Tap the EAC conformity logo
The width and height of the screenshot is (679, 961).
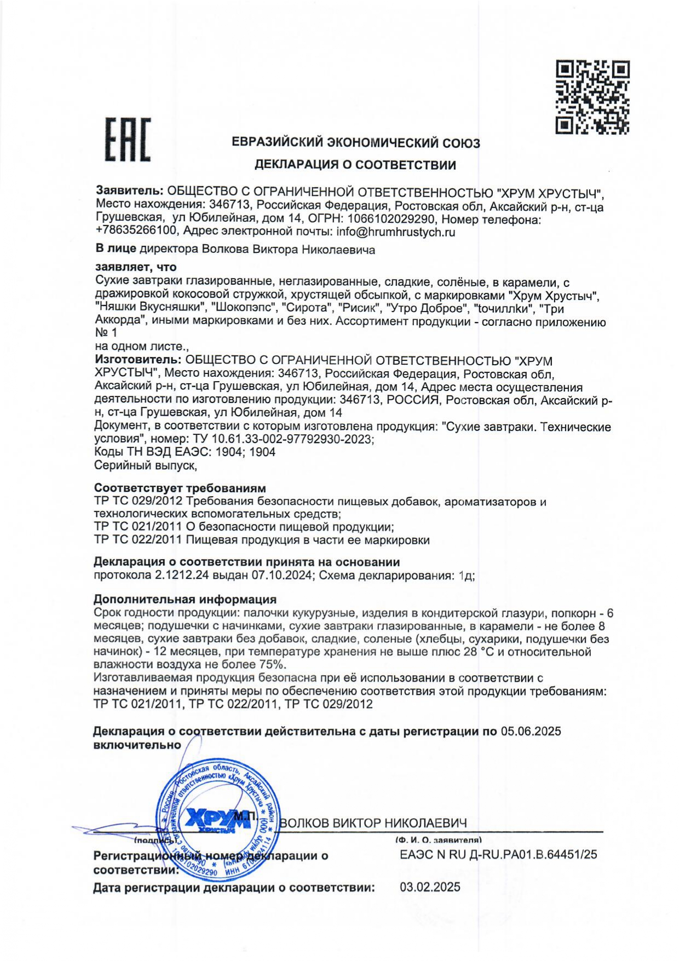(128, 140)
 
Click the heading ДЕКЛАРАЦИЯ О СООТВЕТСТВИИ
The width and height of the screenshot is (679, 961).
(355, 165)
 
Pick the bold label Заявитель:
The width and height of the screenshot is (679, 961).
(129, 191)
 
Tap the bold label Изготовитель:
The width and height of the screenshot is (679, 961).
(137, 360)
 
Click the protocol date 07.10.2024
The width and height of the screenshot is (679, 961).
(281, 576)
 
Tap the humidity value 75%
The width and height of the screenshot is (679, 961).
(272, 665)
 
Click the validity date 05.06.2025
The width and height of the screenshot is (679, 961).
(531, 732)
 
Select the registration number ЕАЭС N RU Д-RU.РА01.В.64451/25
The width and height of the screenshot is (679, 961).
(498, 854)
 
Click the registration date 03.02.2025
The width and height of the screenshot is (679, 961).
(430, 887)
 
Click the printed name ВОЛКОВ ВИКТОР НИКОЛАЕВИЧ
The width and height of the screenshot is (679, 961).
(373, 823)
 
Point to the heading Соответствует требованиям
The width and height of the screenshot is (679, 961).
(180, 488)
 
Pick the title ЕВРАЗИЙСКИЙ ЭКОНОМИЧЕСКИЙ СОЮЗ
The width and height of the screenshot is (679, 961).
(356, 143)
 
